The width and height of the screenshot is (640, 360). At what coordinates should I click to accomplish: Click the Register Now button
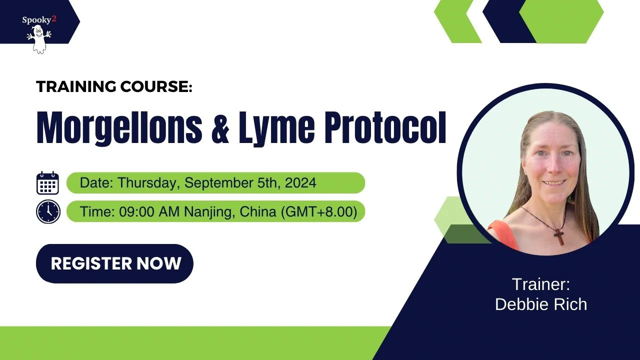point(114,263)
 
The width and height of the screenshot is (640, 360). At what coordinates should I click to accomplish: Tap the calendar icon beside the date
point(48,183)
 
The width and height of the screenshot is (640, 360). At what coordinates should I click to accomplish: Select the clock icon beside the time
point(48,211)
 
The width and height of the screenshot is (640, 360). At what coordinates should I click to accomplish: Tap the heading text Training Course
point(114,86)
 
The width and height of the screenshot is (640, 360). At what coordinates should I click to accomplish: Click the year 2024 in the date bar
point(300,183)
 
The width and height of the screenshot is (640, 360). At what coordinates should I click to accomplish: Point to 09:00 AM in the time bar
point(150,211)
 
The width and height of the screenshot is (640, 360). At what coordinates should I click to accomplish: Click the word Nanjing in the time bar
point(210,211)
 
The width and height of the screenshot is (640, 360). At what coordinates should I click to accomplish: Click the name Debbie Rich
point(540,304)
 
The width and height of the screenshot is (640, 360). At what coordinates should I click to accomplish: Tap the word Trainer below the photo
point(540,285)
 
